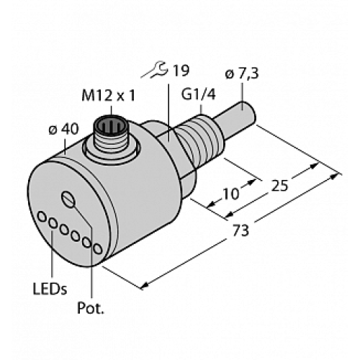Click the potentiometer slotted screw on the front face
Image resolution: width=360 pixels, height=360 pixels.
pos(69,199)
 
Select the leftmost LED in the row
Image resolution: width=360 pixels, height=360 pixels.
pos(43,216)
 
